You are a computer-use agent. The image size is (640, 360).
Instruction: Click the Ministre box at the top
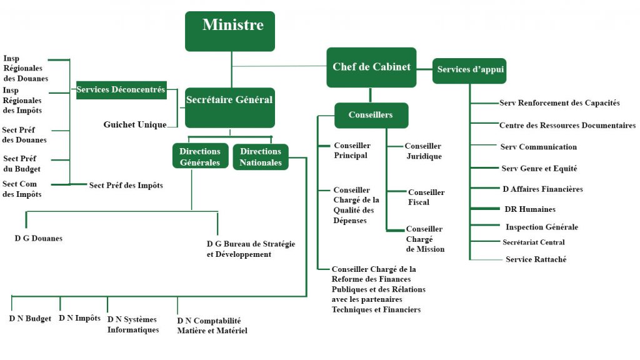coord(230,31)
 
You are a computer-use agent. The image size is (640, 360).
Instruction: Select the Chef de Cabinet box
coord(371,67)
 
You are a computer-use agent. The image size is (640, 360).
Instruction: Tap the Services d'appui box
coord(469,70)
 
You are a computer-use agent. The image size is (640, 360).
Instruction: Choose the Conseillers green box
coord(371,115)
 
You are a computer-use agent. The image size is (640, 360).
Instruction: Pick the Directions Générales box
coord(200,156)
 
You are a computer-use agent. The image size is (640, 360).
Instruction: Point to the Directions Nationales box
coord(261,156)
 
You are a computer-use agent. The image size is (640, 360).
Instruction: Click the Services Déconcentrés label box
coord(121,90)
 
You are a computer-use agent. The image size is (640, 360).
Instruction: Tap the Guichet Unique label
coord(135,125)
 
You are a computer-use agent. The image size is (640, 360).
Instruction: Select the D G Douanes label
coord(39,238)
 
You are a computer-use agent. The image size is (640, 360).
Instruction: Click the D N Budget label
coord(30,319)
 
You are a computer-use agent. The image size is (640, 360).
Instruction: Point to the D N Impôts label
coord(79,318)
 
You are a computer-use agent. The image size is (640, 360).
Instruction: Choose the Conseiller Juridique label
coord(423,151)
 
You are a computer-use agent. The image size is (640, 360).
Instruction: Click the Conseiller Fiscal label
coord(426,197)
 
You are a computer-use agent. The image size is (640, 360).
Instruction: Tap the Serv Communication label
coord(538,147)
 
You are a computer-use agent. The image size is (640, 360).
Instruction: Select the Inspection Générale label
coord(541,227)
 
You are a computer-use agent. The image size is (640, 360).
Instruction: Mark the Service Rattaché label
coord(536,259)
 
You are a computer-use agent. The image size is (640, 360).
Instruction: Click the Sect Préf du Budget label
coord(22,164)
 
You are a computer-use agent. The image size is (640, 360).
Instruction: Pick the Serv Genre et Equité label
coord(539,168)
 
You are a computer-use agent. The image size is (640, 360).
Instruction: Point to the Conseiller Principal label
coord(352,151)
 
